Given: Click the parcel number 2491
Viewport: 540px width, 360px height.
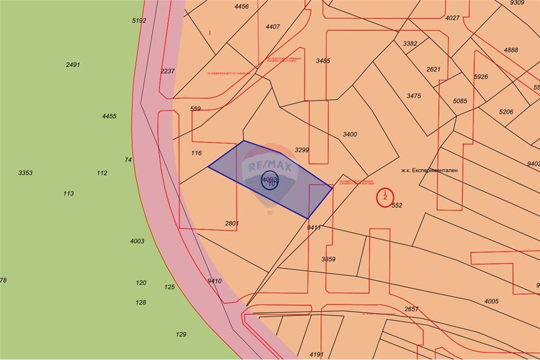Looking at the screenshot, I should pyautogui.click(x=73, y=65).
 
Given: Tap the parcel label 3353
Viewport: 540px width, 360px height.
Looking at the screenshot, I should pyautogui.click(x=25, y=173).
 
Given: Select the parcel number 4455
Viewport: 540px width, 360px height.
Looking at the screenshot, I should pyautogui.click(x=109, y=116).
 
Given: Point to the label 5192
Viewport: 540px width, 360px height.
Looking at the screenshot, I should pyautogui.click(x=139, y=21).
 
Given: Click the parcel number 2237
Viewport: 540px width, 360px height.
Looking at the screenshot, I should pyautogui.click(x=167, y=71).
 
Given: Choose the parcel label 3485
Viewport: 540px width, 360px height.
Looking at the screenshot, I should pyautogui.click(x=323, y=61).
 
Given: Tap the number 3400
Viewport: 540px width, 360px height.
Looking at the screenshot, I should pyautogui.click(x=350, y=134).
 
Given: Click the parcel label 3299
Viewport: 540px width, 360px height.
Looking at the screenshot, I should pyautogui.click(x=302, y=150).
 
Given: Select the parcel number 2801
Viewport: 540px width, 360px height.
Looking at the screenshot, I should pyautogui.click(x=232, y=223).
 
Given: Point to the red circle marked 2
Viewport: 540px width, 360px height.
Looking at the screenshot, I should pyautogui.click(x=384, y=196).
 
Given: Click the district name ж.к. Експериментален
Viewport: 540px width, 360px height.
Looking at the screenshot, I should pyautogui.click(x=429, y=170).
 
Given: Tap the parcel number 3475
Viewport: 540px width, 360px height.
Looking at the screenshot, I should pyautogui.click(x=414, y=96).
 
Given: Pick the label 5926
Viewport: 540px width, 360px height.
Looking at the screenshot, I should pyautogui.click(x=481, y=77).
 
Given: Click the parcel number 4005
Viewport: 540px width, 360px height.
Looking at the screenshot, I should pyautogui.click(x=491, y=301).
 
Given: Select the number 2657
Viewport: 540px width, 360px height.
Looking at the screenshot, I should pyautogui.click(x=411, y=309).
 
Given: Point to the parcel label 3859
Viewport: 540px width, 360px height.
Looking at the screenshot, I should pyautogui.click(x=328, y=259).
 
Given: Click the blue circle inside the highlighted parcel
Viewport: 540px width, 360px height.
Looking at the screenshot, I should pyautogui.click(x=269, y=181).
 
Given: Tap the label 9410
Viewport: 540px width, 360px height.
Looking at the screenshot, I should pyautogui.click(x=214, y=281).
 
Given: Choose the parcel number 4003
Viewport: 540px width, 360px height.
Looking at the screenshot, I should pyautogui.click(x=137, y=241).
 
